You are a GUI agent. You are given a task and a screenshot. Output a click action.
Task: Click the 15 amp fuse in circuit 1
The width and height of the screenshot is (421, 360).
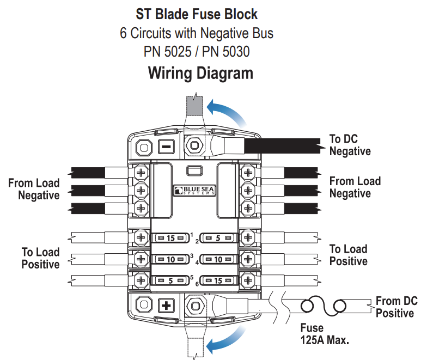[x=171, y=238]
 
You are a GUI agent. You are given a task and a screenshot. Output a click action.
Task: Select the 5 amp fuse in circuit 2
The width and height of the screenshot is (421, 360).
[x=218, y=238]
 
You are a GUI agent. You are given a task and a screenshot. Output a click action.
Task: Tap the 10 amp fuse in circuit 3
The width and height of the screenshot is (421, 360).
[x=171, y=259]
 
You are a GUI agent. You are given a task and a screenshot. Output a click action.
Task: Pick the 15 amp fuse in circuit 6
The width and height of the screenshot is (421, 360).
[x=218, y=280]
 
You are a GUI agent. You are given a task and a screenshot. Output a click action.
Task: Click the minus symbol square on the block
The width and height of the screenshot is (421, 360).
[x=165, y=147]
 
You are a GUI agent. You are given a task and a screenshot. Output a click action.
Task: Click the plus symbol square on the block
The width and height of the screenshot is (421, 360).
[x=165, y=305]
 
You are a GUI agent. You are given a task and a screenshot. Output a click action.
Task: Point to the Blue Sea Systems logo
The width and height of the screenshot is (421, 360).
[x=194, y=191]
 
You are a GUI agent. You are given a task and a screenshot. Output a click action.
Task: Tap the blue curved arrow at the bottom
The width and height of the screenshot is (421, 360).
[x=227, y=339]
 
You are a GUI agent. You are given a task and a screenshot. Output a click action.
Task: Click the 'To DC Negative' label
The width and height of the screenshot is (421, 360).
[x=350, y=145]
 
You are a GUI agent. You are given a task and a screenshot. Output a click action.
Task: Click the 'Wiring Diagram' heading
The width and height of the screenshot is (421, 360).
[x=200, y=73]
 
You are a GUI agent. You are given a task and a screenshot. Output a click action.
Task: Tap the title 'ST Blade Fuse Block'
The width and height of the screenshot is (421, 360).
[x=197, y=14]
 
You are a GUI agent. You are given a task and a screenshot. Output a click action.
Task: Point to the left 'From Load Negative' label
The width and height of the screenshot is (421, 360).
[x=33, y=189]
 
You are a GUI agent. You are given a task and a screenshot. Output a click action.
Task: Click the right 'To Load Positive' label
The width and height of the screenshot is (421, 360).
[x=348, y=255]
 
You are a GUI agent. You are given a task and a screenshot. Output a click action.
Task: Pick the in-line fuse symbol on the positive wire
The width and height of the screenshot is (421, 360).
[x=325, y=307]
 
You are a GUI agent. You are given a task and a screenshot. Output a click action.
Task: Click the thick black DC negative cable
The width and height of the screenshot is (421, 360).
[x=283, y=145]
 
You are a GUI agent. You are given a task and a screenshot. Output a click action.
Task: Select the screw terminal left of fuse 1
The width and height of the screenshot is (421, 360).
[x=141, y=237]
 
